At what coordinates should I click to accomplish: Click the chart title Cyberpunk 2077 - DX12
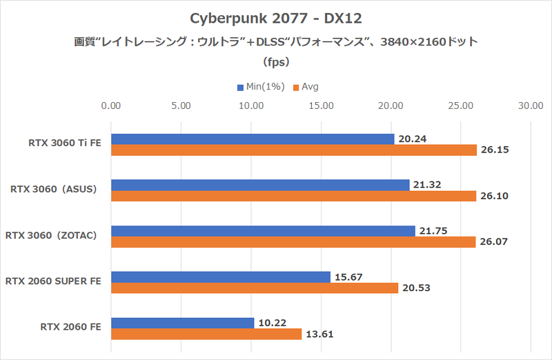275,17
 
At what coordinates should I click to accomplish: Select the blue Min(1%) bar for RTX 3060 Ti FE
252,139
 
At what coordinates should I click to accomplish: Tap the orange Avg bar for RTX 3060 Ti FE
293,150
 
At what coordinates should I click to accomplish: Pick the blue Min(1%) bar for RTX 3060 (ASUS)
259,185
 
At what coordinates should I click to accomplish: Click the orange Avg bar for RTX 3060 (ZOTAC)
293,242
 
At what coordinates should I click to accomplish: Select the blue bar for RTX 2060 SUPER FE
220,277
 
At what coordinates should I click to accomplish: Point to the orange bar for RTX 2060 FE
206,334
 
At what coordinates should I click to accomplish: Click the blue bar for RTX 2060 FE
182,323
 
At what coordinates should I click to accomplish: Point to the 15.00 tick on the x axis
321,106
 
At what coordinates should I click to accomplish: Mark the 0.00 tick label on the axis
111,106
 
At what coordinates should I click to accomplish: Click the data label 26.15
495,150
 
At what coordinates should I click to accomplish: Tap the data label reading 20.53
416,288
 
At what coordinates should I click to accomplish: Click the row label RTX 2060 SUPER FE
54,281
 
